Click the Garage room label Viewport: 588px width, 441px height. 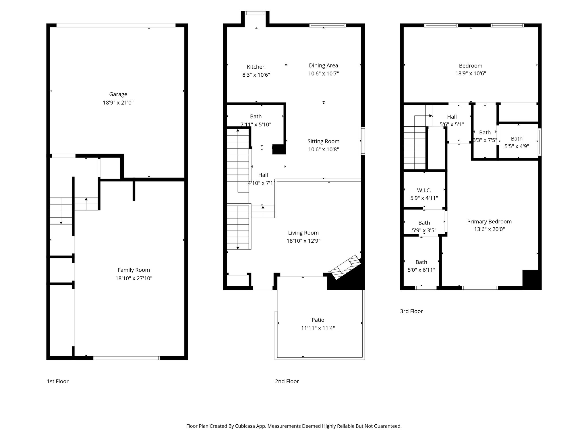click(x=118, y=94)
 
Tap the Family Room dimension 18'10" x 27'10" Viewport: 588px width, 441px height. click(x=134, y=278)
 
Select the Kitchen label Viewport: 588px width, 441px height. click(x=256, y=67)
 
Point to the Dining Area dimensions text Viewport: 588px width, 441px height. click(x=324, y=73)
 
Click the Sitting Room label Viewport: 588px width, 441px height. click(x=323, y=141)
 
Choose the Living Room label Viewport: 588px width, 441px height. click(x=303, y=233)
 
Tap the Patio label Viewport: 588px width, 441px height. click(x=318, y=320)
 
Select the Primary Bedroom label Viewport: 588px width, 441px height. click(x=489, y=222)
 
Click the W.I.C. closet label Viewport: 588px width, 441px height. click(x=424, y=190)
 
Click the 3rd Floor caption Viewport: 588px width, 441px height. click(x=411, y=311)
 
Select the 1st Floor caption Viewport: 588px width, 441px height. click(x=58, y=381)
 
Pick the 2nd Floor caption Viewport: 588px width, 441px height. click(x=287, y=381)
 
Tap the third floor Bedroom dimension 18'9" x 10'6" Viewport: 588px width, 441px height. click(x=471, y=73)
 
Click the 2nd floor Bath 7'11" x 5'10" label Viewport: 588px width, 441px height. click(x=256, y=117)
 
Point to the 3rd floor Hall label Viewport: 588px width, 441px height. click(x=452, y=117)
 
